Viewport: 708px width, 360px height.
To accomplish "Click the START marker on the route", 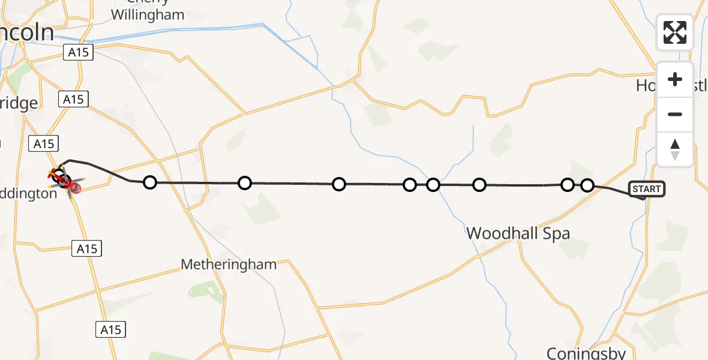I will click(646, 189).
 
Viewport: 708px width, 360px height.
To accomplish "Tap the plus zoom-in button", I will click(675, 80).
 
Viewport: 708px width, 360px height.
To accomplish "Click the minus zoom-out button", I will click(675, 114).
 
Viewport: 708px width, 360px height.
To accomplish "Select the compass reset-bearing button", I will click(675, 149).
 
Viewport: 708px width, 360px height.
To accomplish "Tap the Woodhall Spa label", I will click(518, 233).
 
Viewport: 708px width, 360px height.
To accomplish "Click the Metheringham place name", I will click(229, 264).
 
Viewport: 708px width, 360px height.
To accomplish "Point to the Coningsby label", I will click(586, 353).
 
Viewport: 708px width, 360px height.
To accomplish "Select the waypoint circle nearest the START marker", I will click(587, 185).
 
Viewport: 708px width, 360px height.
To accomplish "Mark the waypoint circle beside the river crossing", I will click(433, 185).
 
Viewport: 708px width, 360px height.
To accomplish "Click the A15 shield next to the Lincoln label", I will click(78, 53).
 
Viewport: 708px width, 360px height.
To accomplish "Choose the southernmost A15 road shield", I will click(110, 329).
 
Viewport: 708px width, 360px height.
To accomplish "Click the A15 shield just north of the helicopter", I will click(44, 143).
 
